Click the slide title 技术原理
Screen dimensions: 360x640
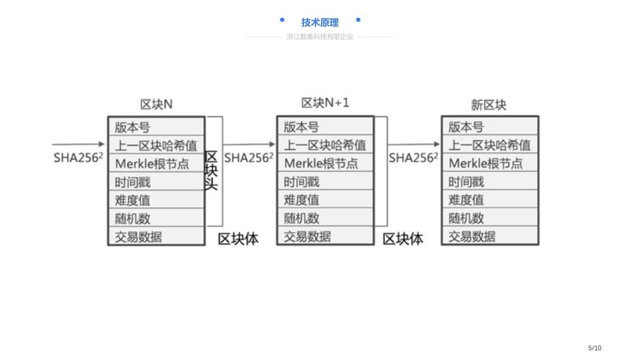click(x=320, y=22)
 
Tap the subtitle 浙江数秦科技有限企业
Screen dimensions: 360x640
click(x=320, y=37)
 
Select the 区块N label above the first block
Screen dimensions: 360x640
click(x=156, y=104)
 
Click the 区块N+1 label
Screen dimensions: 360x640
click(x=325, y=103)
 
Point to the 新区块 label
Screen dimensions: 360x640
click(x=489, y=105)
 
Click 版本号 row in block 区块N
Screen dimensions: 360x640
click(x=156, y=127)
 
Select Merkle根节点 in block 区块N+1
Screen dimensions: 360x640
click(x=325, y=163)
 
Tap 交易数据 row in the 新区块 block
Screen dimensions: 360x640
click(x=490, y=236)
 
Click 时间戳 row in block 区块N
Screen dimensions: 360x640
click(x=156, y=182)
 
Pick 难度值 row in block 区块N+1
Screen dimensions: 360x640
click(x=325, y=200)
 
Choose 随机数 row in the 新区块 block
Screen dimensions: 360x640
click(x=490, y=218)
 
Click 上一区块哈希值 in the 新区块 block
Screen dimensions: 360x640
click(x=490, y=145)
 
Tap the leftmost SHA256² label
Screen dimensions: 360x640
click(x=78, y=158)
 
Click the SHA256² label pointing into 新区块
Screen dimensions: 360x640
click(x=413, y=158)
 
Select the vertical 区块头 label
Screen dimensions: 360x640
click(x=212, y=171)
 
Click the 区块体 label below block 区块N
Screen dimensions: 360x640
click(x=238, y=239)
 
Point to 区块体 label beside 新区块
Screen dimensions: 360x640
click(x=403, y=239)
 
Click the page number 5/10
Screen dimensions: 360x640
click(x=595, y=348)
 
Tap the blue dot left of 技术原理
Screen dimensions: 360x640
click(x=282, y=20)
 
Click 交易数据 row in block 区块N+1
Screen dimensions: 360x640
click(x=325, y=236)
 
